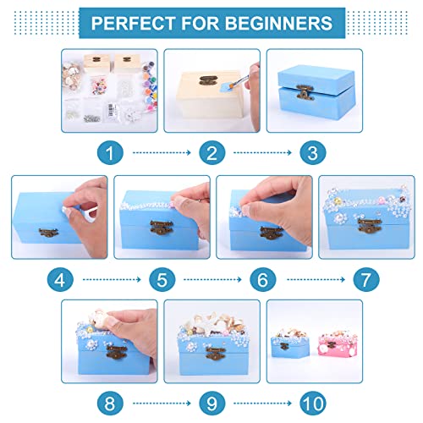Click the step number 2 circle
(x=210, y=153)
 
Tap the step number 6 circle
(x=261, y=277)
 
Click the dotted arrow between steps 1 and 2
(x=159, y=153)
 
